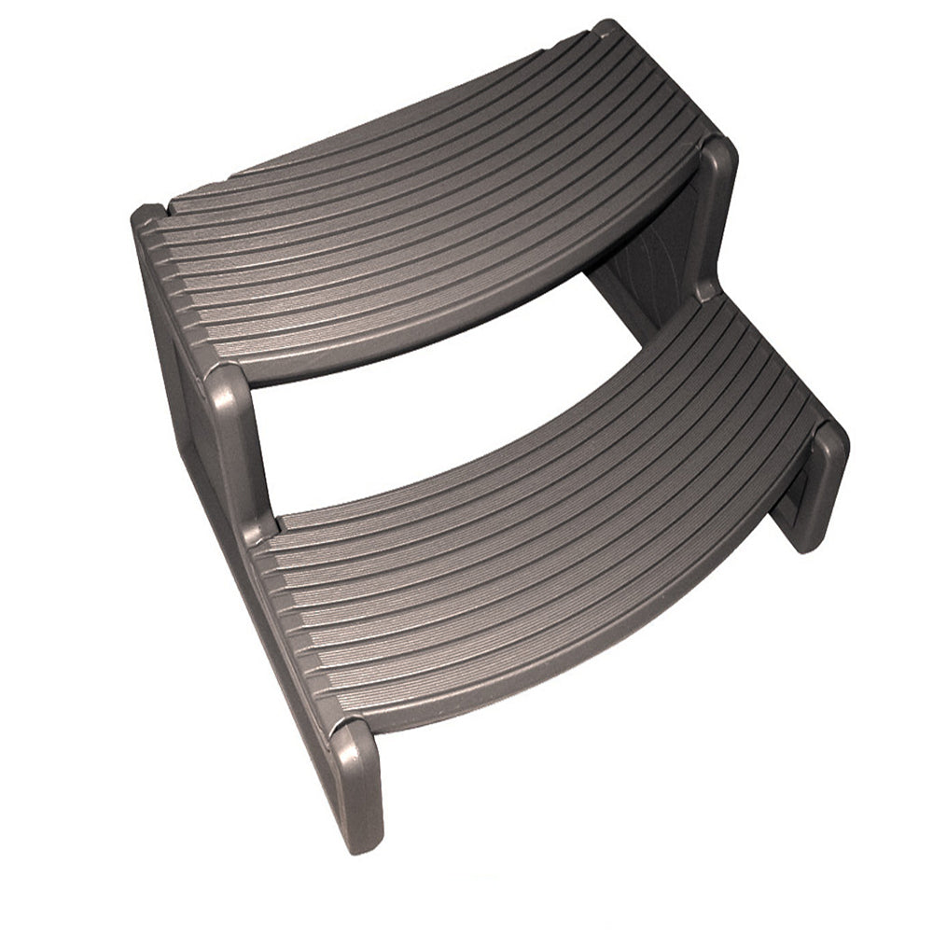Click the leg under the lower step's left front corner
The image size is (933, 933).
(x=359, y=793)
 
